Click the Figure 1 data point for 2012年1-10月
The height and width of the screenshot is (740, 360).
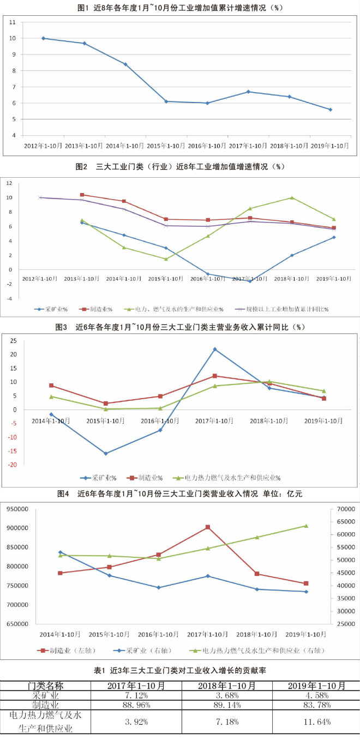43,38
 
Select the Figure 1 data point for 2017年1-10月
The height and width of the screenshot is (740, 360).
248,92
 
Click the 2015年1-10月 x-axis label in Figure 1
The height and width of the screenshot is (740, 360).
166,146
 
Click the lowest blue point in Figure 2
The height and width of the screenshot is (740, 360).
250,281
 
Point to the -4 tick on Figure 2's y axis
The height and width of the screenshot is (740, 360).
9,298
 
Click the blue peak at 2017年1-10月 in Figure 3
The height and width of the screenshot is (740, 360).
215,349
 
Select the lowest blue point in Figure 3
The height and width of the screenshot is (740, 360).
106,453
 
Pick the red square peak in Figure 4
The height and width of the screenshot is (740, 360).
208,527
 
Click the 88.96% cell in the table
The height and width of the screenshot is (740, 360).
136,705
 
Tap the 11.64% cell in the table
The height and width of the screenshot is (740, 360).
316,721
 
